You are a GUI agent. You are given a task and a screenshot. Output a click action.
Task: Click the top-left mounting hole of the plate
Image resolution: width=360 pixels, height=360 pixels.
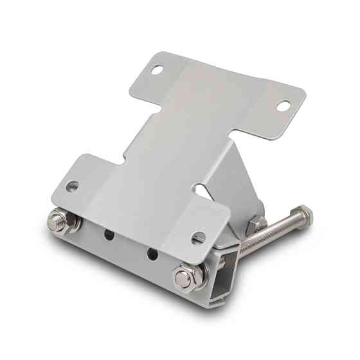pos(156,71)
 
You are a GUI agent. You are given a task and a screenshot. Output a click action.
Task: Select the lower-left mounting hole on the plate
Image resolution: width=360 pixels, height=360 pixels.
pos(73,186)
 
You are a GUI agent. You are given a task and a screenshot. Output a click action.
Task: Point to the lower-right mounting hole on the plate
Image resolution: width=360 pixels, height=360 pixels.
pos(199,237)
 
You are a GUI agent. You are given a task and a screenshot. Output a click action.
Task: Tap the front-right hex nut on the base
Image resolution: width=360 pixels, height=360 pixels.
pos(184,278)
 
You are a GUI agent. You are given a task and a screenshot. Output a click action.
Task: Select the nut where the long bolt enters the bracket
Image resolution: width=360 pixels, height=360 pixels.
pos(256,224)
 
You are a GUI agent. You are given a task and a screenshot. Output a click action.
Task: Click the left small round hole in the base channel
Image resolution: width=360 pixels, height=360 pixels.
pos(110,235)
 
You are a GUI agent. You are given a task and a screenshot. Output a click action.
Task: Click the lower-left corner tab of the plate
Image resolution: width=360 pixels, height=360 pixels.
pos(71,180)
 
